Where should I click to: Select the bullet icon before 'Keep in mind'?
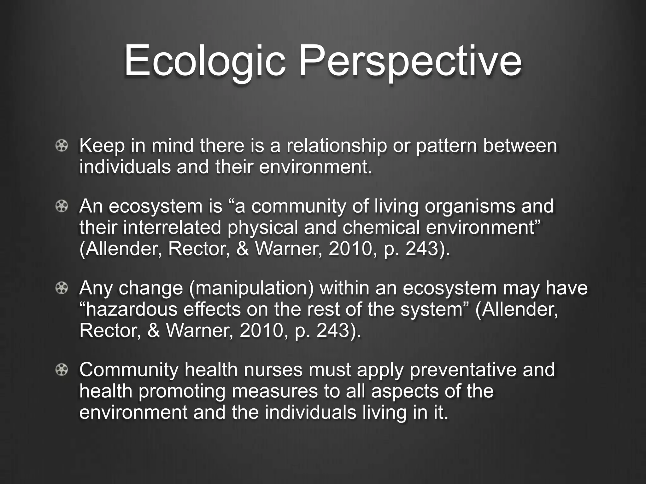62,146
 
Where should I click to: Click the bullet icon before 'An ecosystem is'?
62,206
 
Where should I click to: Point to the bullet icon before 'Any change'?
62,288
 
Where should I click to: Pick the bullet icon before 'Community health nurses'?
62,370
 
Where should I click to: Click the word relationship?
336,146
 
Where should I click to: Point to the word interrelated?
172,228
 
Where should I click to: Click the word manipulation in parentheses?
251,288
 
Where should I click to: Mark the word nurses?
273,370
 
